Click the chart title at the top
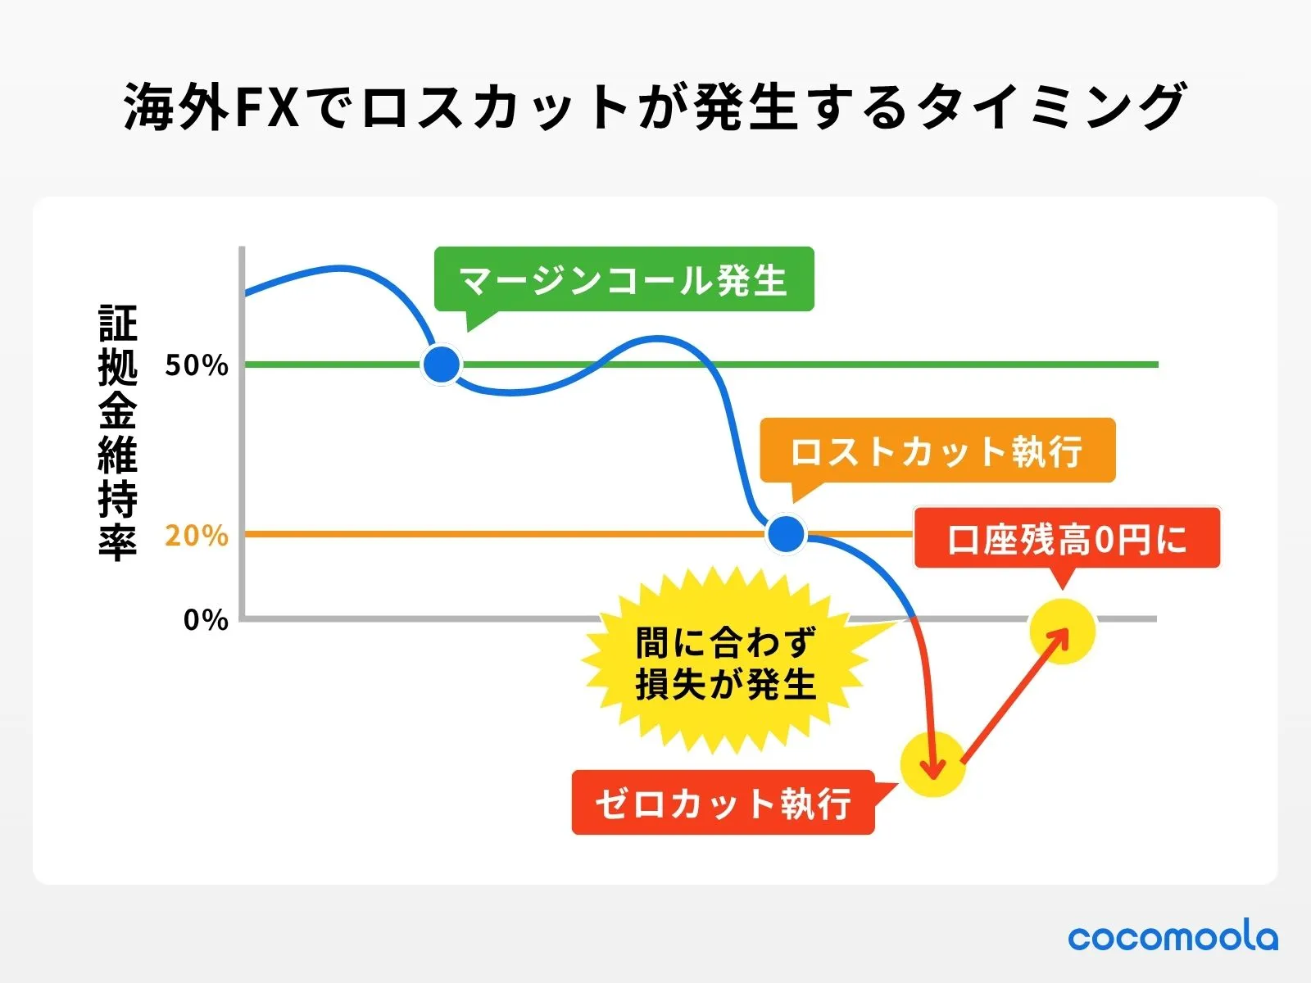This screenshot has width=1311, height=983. (654, 107)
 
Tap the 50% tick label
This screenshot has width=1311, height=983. (197, 365)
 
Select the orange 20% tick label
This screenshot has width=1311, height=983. (197, 536)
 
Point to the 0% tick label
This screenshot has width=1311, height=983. (206, 620)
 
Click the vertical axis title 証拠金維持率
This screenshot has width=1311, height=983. (118, 432)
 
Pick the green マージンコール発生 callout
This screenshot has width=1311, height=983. (624, 280)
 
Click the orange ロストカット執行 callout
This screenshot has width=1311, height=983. (937, 451)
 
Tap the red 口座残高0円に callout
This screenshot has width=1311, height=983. (1067, 539)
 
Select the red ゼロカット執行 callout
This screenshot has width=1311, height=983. (723, 804)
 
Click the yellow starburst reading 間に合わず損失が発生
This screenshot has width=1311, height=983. (725, 664)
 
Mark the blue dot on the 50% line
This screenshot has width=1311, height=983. (442, 365)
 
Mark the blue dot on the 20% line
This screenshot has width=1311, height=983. (787, 534)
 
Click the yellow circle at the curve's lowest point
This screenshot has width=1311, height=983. (932, 763)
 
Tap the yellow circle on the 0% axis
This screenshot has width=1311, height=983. (1062, 631)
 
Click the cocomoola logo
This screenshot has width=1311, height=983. (1172, 937)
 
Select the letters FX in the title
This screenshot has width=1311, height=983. (267, 107)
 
